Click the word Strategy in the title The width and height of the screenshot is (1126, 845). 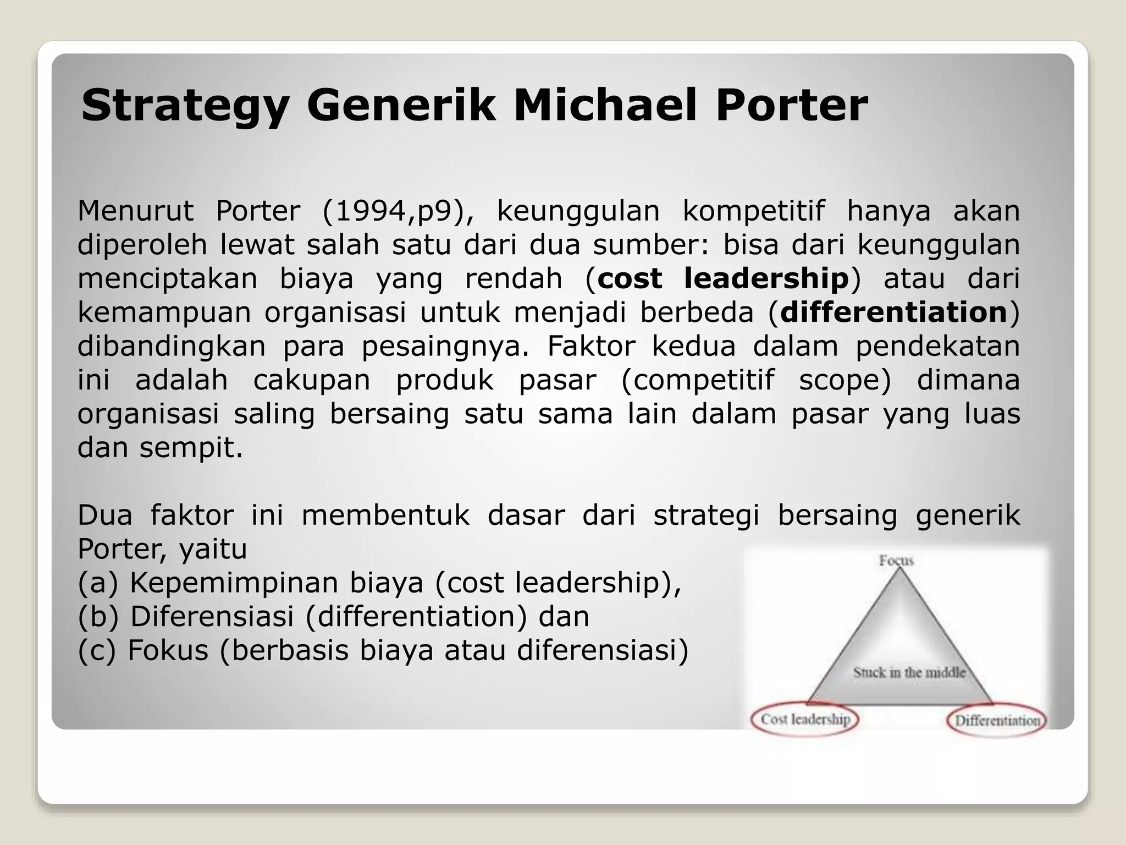click(185, 106)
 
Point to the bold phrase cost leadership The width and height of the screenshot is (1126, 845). click(723, 279)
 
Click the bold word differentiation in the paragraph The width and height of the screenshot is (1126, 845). click(893, 312)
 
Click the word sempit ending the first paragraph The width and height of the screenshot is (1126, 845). click(190, 448)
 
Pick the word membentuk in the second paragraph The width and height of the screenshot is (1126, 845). click(385, 515)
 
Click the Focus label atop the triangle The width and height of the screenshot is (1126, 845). click(896, 561)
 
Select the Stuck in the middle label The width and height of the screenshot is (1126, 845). click(909, 672)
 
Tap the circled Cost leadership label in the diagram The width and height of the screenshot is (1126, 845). click(805, 719)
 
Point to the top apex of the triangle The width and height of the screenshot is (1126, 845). click(900, 569)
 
